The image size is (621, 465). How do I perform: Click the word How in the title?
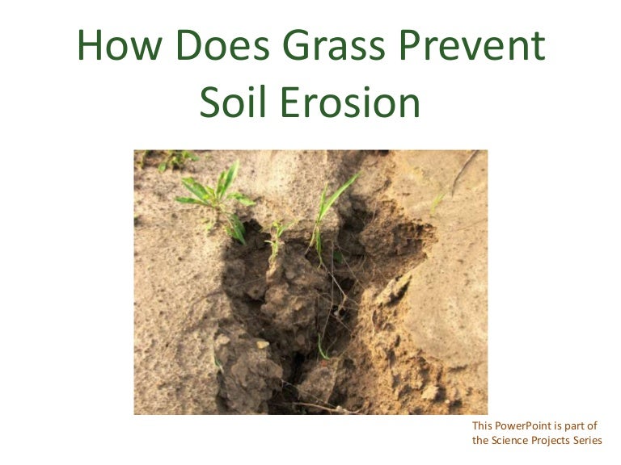[x=120, y=44]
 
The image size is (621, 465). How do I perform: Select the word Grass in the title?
[x=334, y=44]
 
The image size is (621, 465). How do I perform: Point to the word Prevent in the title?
[x=472, y=44]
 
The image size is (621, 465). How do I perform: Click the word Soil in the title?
[x=233, y=101]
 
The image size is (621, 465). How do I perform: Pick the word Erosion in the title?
[x=350, y=101]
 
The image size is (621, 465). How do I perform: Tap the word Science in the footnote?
[x=509, y=440]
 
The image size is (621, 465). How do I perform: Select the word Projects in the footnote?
[x=548, y=441]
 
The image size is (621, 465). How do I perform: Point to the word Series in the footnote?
[x=585, y=440]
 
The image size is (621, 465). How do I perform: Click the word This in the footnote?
[x=482, y=426]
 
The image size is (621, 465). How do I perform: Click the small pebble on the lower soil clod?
[x=263, y=344]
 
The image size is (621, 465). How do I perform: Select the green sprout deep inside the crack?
[x=323, y=347]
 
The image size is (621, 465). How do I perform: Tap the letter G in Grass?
[x=298, y=44]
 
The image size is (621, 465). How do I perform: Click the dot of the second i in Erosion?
[x=367, y=89]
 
